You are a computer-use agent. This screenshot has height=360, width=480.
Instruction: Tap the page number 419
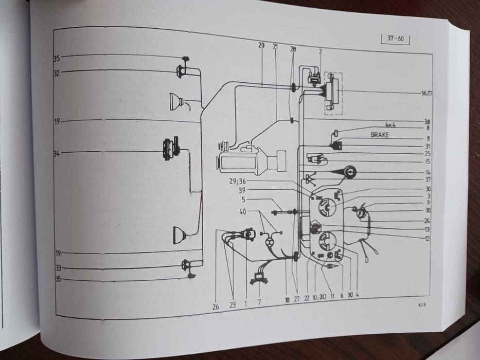(x=421, y=304)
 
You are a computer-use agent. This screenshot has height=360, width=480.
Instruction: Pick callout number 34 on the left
(x=57, y=153)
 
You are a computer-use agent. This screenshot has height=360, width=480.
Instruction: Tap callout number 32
(x=57, y=73)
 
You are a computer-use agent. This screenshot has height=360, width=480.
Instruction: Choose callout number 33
(x=58, y=268)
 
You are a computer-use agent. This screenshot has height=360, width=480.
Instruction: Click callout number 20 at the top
(x=261, y=46)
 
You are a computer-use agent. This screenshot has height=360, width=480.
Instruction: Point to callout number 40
(x=242, y=211)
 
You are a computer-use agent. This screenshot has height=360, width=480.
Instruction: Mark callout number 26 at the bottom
(x=216, y=307)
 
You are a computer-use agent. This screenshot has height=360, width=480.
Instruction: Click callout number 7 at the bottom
(x=259, y=302)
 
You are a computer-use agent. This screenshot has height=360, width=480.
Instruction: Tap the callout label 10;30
(x=318, y=298)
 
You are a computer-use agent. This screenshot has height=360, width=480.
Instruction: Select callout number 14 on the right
(x=428, y=172)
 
